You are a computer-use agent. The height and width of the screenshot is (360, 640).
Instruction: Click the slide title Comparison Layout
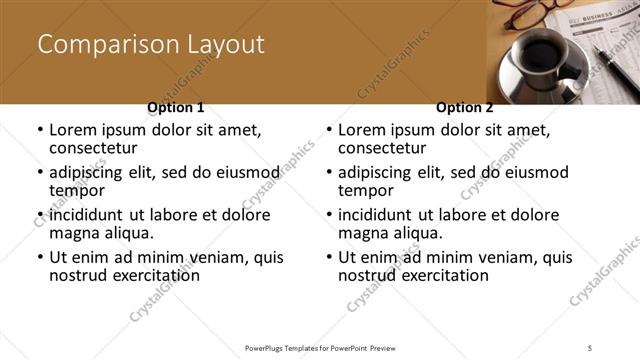coord(151,45)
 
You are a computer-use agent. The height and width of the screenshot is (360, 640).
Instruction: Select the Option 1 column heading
coord(176,107)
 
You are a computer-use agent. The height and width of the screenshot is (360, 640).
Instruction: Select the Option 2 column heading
coord(465,107)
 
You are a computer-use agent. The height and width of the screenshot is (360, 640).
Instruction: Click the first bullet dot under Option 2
coord(329,131)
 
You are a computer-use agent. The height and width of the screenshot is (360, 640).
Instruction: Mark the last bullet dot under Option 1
coord(39,257)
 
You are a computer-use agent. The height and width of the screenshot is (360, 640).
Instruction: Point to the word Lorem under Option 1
coord(73,130)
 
